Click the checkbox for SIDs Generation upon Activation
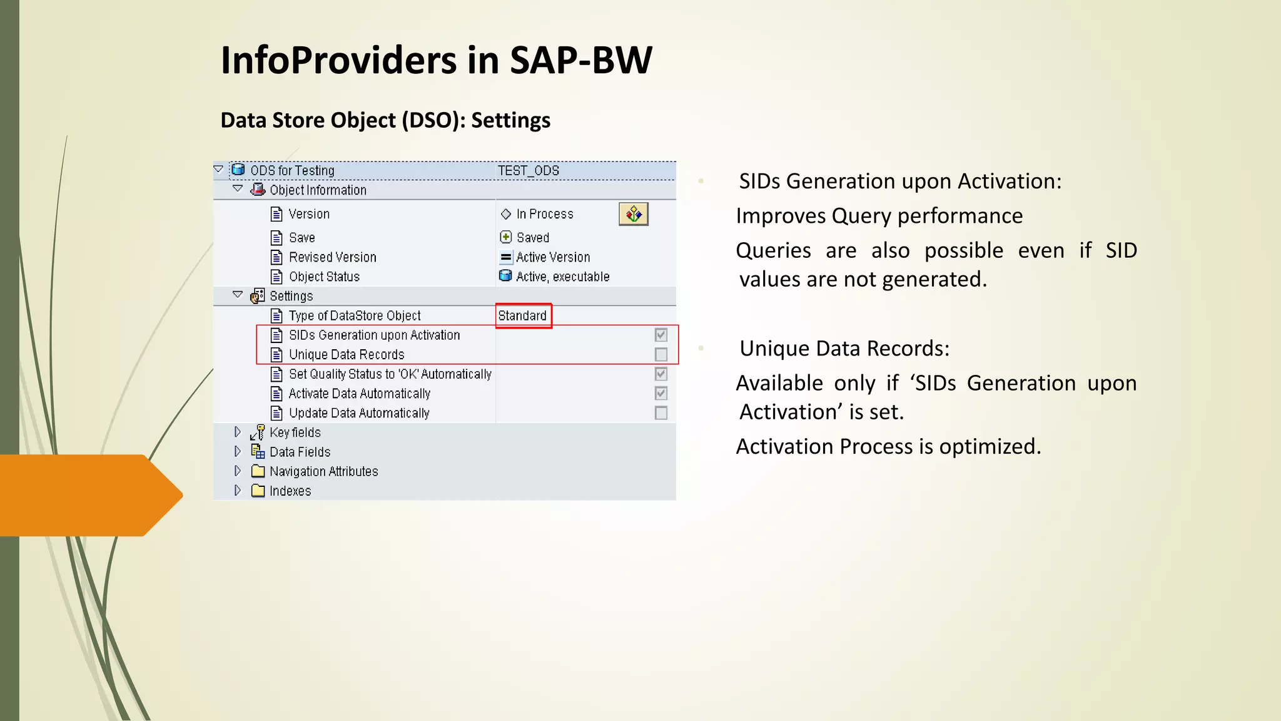point(661,335)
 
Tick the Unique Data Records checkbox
point(661,354)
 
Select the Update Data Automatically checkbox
point(661,413)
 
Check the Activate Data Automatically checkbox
point(661,393)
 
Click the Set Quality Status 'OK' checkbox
point(661,374)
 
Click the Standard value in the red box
point(522,315)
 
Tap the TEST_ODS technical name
point(529,170)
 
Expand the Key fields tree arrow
point(238,432)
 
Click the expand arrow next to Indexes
point(238,491)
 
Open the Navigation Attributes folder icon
point(258,471)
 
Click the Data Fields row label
point(300,452)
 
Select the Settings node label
point(291,296)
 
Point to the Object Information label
point(318,190)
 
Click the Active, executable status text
point(563,277)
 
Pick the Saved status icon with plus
point(506,237)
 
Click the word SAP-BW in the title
point(581,61)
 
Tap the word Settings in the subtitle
point(510,120)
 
